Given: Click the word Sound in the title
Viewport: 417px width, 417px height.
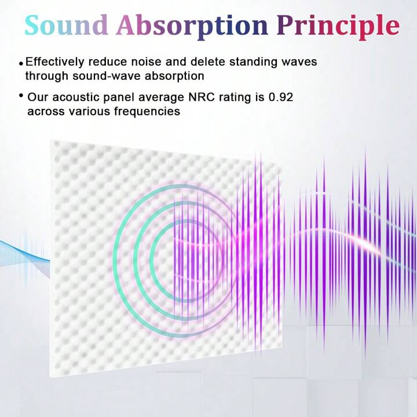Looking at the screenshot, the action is coord(66,25).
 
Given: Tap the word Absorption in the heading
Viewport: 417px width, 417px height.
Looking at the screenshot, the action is coord(192,27).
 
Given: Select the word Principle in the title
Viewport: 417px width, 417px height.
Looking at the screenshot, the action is coord(338,27).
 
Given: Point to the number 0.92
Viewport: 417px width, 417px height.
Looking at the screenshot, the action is coord(281,97).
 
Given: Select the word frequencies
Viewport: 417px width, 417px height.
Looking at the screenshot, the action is coord(147,111).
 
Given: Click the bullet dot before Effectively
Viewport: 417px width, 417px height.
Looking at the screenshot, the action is coord(21,64).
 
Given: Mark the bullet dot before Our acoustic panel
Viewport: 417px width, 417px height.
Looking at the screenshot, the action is coord(21,95).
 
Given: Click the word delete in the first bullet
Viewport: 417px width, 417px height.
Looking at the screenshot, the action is coord(208,62).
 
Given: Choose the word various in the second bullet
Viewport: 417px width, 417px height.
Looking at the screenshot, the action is coord(89,111).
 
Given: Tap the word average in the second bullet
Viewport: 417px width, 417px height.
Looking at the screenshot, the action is coord(161,98).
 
